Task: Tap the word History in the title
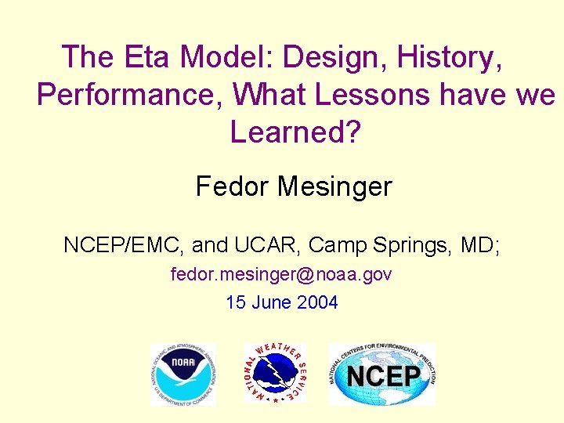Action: pos(450,57)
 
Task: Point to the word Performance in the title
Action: pos(129,95)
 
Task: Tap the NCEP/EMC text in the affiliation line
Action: pos(124,245)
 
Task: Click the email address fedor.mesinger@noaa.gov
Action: pos(281,275)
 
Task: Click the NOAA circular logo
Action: pos(183,374)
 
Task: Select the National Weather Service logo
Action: pos(275,374)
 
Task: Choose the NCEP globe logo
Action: pos(381,374)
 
